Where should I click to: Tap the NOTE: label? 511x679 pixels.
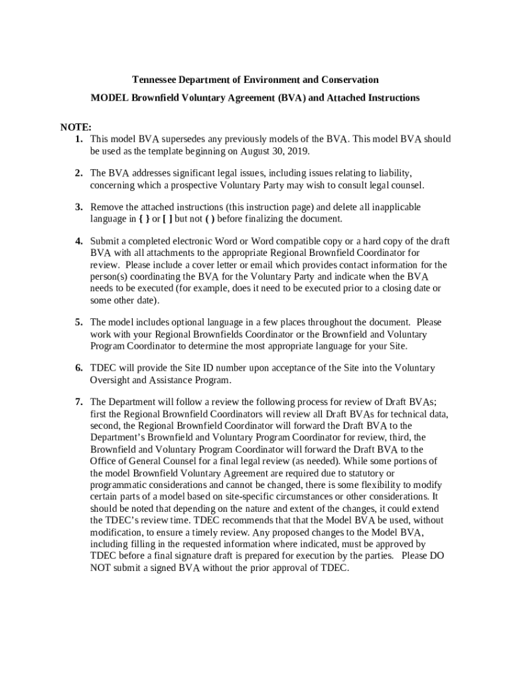click(76, 127)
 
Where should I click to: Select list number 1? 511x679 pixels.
click(78, 139)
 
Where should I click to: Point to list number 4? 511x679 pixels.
click(78, 241)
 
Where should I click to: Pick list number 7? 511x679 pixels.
click(78, 402)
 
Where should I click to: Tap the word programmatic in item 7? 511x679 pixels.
click(118, 485)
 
